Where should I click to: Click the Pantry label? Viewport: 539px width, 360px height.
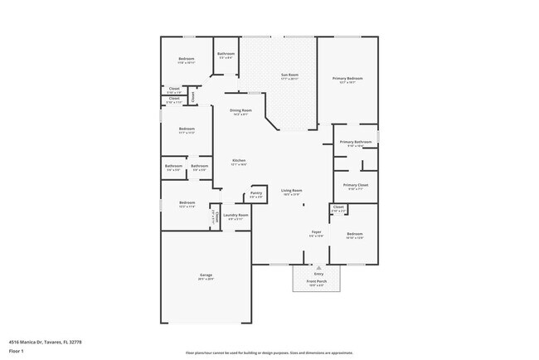255,196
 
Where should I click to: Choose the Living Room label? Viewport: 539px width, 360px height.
291,191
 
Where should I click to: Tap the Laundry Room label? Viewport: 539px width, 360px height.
236,215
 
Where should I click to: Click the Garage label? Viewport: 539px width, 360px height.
206,275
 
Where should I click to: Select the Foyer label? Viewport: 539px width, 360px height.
316,232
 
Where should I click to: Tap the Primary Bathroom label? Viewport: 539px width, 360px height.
354,142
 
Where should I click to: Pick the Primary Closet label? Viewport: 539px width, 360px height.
355,185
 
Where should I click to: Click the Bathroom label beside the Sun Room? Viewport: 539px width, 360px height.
226,54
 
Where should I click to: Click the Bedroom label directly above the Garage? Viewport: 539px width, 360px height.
186,203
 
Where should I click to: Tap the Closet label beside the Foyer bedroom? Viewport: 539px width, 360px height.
338,207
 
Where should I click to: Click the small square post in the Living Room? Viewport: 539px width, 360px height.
304,204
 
